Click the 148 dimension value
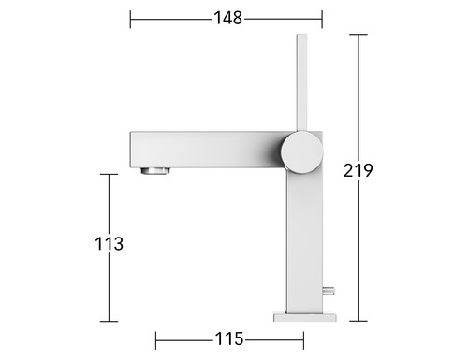point(227,18)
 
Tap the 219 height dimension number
point(358,170)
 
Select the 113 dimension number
point(109,244)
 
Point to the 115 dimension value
point(228,338)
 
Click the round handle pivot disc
point(301,152)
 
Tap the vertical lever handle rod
point(301,82)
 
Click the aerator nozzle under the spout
point(155,171)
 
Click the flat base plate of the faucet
point(305,317)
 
